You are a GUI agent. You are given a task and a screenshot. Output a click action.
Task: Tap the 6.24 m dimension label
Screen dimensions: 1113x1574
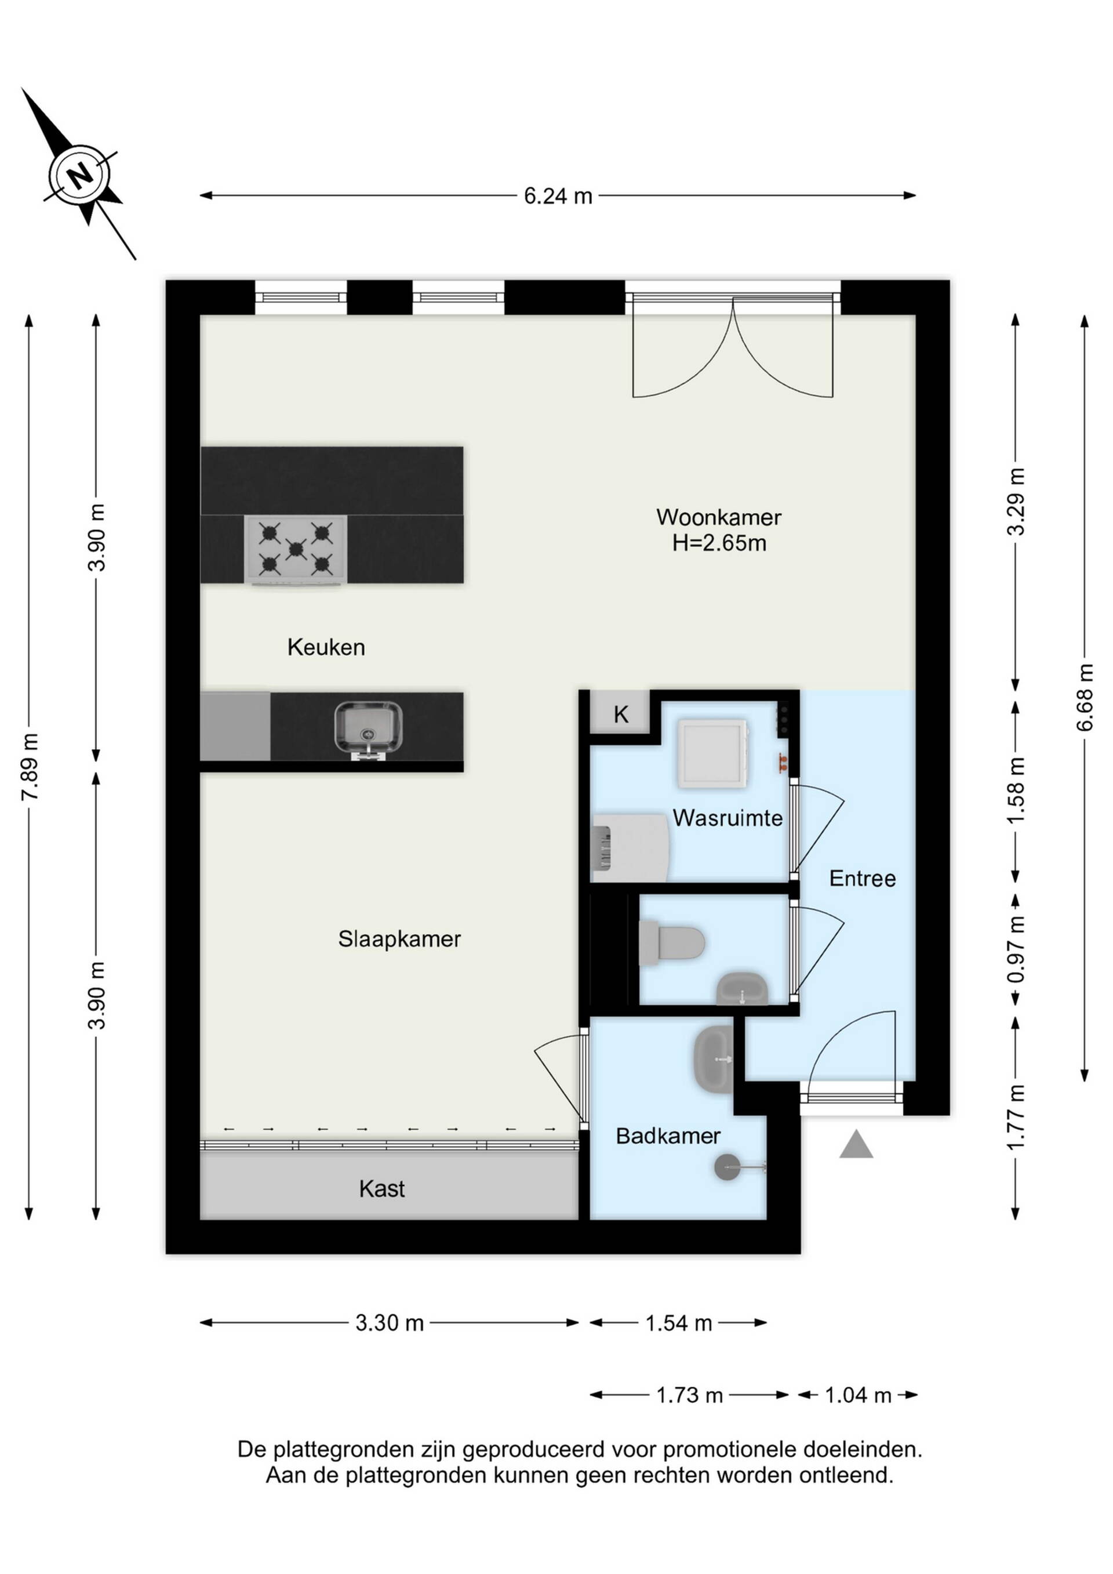558,196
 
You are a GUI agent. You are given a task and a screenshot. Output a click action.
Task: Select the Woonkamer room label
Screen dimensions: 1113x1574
719,517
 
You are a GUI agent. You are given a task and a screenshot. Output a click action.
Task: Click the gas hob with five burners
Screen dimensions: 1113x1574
296,550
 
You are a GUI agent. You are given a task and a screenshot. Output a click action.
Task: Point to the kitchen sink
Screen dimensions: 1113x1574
368,730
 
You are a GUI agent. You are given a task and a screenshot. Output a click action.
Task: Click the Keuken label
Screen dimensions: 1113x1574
326,647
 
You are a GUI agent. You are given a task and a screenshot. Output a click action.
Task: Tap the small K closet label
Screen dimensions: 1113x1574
621,715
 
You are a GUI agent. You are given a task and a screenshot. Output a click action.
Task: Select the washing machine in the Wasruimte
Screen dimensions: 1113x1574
712,753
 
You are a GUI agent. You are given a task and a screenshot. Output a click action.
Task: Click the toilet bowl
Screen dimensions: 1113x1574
672,942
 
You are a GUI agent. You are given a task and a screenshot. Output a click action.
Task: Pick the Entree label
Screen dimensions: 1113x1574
862,879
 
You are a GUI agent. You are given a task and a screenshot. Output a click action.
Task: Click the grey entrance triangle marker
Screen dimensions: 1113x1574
856,1144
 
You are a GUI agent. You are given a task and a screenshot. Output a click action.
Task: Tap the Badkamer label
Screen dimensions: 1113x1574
668,1136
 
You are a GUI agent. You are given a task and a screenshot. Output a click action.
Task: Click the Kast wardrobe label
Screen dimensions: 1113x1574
382,1189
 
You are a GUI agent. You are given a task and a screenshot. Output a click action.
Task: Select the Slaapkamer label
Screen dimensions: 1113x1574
399,938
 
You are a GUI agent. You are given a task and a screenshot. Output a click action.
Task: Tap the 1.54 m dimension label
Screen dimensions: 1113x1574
678,1323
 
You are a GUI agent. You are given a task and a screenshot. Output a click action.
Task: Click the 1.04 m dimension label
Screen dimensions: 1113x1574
858,1395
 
